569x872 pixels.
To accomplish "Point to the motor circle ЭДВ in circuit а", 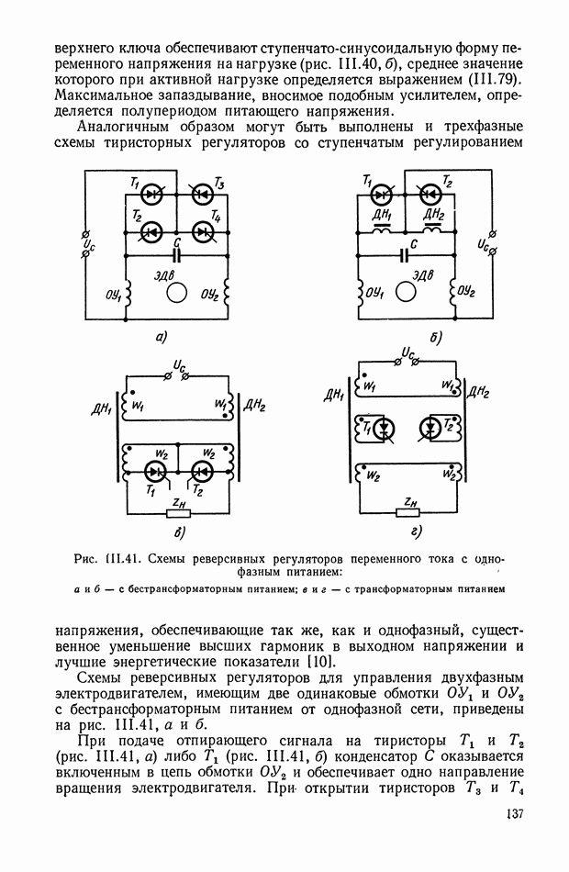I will (x=177, y=292).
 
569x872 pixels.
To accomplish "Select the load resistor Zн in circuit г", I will (x=407, y=512).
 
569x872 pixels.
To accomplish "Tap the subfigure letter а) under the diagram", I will (x=161, y=337).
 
